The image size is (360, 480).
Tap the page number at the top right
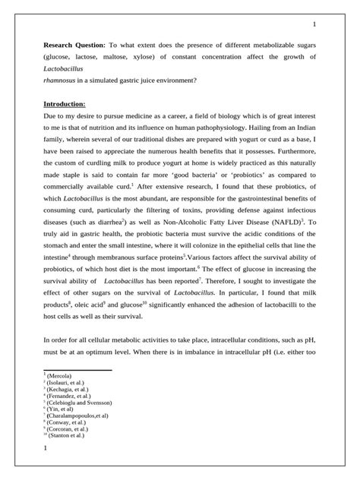click(314, 24)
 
